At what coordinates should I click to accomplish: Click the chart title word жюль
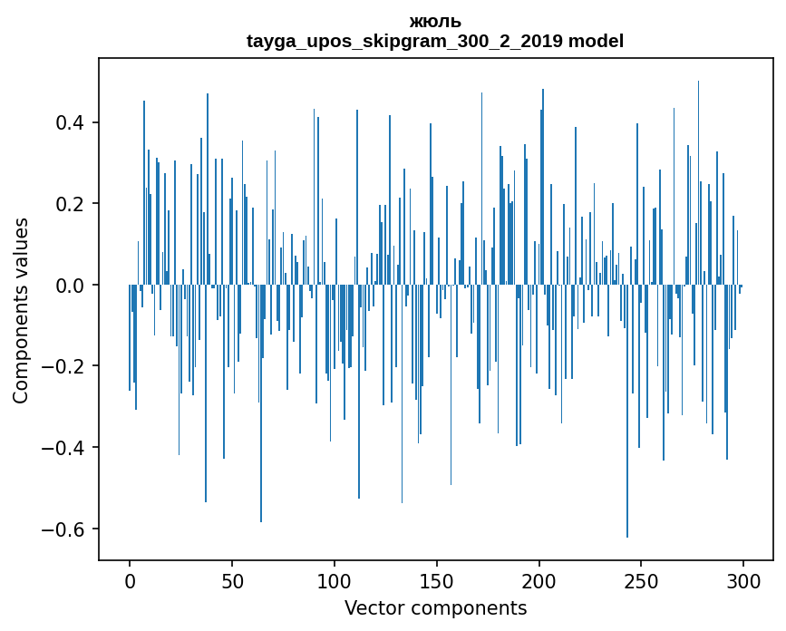tap(435, 21)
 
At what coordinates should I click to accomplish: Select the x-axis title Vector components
tap(435, 607)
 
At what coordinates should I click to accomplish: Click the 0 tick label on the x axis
tap(130, 581)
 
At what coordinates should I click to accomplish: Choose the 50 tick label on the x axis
tap(232, 581)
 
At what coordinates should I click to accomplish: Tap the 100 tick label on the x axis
tap(335, 581)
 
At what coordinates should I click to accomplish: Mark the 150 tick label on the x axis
tap(437, 581)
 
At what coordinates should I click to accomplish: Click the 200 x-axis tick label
tap(539, 581)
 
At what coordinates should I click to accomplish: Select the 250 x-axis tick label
tap(642, 581)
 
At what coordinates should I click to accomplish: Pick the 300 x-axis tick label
tap(744, 581)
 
